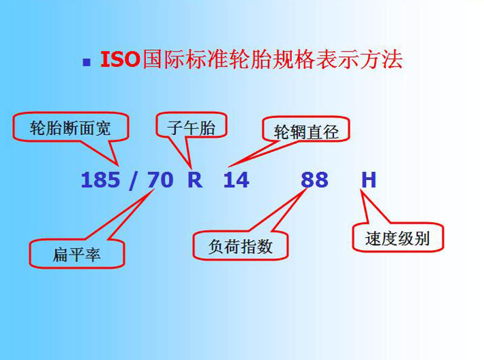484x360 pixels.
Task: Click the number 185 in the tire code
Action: pos(100,180)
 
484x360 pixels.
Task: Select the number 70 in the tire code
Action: pos(160,180)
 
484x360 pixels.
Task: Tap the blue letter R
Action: pos(195,180)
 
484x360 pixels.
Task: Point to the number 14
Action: pos(236,180)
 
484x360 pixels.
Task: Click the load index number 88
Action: pos(314,180)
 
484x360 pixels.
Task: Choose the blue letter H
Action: pos(369,180)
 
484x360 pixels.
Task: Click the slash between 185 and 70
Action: pos(134,181)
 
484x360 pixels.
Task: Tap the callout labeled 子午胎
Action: pos(191,126)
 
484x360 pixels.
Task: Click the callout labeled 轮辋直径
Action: pos(306,130)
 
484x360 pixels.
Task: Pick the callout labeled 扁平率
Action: pos(77,254)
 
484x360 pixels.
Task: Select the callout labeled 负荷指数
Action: pos(240,246)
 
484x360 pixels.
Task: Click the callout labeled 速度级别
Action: pos(398,238)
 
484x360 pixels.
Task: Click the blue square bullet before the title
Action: pos(86,62)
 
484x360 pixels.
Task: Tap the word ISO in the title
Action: pos(120,59)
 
